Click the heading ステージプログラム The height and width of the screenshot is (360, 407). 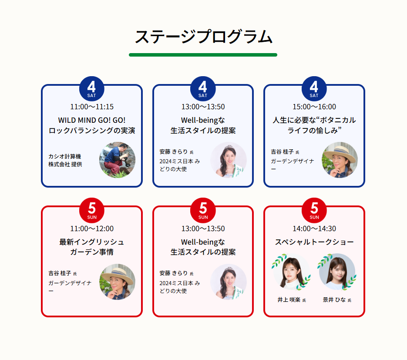[x=203, y=37]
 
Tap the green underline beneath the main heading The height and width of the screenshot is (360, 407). [x=203, y=55]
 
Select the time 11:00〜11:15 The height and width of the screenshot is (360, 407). [x=92, y=107]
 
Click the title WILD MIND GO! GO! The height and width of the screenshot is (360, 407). [x=92, y=120]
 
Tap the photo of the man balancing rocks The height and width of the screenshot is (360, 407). [x=117, y=160]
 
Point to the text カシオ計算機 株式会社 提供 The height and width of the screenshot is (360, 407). [x=65, y=160]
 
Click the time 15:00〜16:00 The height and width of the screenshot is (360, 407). [x=314, y=107]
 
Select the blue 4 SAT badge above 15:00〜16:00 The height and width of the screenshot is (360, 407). [x=314, y=88]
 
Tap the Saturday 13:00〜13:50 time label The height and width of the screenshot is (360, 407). [x=203, y=107]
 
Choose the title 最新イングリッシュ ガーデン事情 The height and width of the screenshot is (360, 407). [x=92, y=247]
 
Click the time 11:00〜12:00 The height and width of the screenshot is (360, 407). [x=92, y=229]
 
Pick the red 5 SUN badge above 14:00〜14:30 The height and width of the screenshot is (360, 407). [x=314, y=210]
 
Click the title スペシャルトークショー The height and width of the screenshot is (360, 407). [x=314, y=242]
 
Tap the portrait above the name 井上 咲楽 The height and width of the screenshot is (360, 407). [x=292, y=272]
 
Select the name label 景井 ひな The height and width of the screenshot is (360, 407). [x=334, y=299]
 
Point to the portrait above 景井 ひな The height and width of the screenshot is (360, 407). [x=337, y=272]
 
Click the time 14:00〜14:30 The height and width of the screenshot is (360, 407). [x=314, y=229]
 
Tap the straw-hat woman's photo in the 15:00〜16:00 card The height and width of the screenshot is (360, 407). [x=340, y=160]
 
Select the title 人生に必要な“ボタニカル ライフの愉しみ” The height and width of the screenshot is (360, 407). [x=314, y=125]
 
